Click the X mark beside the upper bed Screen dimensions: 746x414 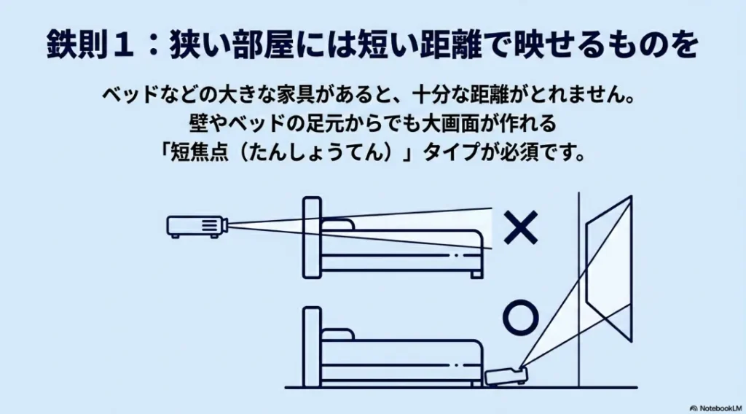pyautogui.click(x=520, y=227)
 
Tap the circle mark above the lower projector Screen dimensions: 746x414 pyautogui.click(x=520, y=317)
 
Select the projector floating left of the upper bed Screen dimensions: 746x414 pyautogui.click(x=197, y=226)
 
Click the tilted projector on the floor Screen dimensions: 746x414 pyautogui.click(x=506, y=375)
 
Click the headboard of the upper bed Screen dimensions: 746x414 pyautogui.click(x=312, y=238)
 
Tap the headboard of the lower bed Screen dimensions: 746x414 pyautogui.click(x=312, y=347)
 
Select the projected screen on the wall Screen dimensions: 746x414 pyautogui.click(x=609, y=269)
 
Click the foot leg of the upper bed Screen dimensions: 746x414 pyautogui.click(x=476, y=275)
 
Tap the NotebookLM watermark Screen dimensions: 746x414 pyautogui.click(x=715, y=408)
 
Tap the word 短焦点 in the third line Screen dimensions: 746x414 pyautogui.click(x=200, y=152)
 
